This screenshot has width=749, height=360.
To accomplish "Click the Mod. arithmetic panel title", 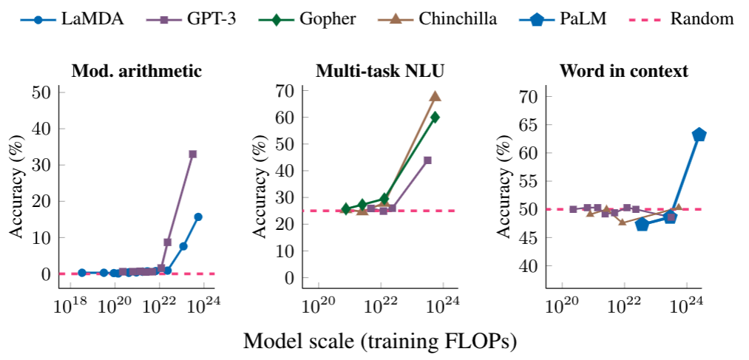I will (x=136, y=71).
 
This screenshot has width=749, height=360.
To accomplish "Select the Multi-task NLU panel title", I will (x=380, y=71).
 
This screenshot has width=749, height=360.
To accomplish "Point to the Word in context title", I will (x=624, y=71).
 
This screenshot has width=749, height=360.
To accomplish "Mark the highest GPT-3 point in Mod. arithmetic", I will (x=192, y=154).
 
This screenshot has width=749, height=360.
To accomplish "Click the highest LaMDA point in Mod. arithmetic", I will (x=198, y=217).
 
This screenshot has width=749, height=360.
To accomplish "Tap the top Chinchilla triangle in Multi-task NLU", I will (x=435, y=96).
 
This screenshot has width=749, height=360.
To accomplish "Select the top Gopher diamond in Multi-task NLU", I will (x=435, y=117).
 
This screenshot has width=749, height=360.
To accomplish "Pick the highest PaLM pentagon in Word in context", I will (x=699, y=135).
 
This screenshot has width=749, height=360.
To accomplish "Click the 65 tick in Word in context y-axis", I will (x=526, y=124).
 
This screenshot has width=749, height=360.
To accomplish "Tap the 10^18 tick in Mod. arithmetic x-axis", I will (x=71, y=307).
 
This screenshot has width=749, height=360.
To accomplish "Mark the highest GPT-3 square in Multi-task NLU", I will (x=427, y=160).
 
